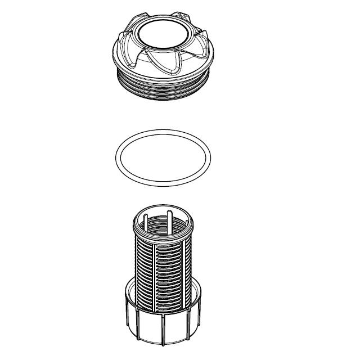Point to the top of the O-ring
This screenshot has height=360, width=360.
point(163,132)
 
